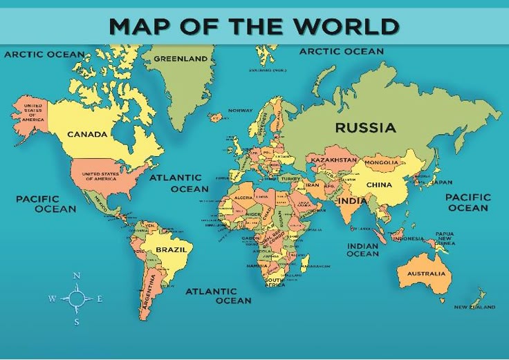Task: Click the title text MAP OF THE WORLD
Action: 254,26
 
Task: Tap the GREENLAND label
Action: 181,59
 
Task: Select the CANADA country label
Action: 87,134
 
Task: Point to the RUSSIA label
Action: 365,128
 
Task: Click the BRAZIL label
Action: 171,249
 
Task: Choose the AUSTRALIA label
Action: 426,273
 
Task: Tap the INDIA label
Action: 353,200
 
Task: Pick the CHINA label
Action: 379,184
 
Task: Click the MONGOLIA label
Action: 381,163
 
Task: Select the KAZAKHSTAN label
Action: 333,160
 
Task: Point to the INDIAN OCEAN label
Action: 362,249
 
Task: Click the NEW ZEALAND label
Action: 474,306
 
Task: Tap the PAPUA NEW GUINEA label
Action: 445,238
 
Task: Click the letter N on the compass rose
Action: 77,276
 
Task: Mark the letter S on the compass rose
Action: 77,321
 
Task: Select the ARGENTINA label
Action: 147,293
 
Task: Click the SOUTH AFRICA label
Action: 275,281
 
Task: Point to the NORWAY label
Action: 241,111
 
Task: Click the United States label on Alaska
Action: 32,113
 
